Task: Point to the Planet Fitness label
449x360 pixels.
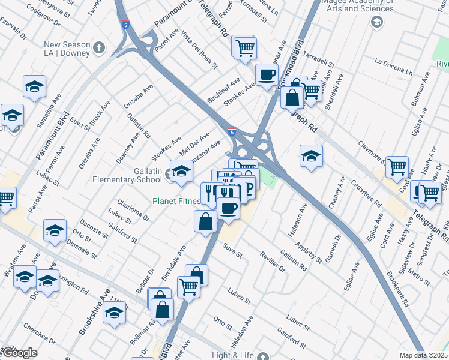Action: pos(176,201)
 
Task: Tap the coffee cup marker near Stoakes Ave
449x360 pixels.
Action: pos(267,75)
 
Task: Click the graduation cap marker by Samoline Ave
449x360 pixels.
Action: pos(35,86)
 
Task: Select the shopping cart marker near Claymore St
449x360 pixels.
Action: pos(397,167)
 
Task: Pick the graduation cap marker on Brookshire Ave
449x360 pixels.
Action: pos(114,312)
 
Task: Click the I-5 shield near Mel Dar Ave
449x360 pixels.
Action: pos(232,131)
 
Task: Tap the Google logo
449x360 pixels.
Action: pos(19,353)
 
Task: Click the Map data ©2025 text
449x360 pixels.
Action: pos(423,355)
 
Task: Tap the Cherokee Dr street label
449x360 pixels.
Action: pos(40,334)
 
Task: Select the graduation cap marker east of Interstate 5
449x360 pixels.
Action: pos(310,157)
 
